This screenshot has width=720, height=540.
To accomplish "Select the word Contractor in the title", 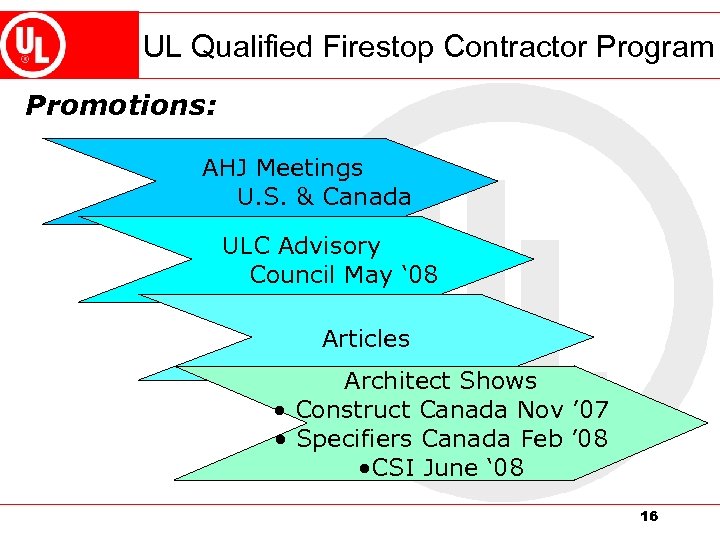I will pos(515,46).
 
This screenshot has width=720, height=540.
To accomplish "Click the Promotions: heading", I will pos(120,105).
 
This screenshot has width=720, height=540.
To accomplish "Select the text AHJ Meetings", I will pos(282,167).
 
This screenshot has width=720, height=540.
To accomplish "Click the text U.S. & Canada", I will pos(324,196).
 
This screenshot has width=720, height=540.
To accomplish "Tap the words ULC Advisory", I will pos(301,245).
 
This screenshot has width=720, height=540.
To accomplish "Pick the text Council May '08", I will pos(343,274).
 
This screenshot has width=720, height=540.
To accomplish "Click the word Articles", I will pos(366,339).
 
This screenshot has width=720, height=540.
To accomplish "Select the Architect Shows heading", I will pos(440,381).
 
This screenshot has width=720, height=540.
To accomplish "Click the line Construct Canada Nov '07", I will pos(452,410).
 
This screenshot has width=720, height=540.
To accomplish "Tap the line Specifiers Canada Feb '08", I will pos(452,439).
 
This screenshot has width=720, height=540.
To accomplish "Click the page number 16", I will pos(648,516).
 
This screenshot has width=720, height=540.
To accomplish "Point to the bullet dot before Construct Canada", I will pos(284,410).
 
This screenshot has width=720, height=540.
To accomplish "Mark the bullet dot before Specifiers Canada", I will pos(284,439).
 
